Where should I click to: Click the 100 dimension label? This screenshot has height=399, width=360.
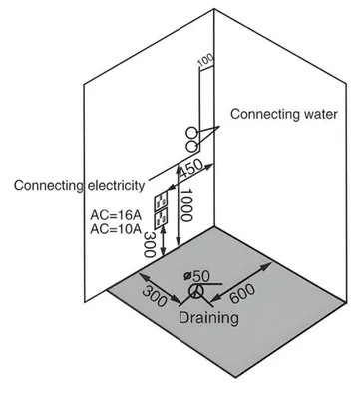(205, 60)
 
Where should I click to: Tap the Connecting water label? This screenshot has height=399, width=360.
(284, 114)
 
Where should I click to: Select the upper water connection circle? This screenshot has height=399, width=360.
(191, 133)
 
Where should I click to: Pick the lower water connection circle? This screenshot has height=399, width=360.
(191, 147)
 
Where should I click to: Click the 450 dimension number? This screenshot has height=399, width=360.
(190, 168)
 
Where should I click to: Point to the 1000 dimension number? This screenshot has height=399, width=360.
(186, 205)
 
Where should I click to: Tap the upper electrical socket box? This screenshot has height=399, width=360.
(161, 201)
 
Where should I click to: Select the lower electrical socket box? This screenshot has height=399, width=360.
(161, 217)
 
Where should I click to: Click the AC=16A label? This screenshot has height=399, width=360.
(116, 215)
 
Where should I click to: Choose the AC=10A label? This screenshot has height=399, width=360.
(116, 229)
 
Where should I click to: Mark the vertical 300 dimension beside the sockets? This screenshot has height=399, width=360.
(150, 245)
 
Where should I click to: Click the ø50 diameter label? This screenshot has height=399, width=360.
(196, 276)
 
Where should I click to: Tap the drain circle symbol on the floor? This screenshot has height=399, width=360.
(195, 291)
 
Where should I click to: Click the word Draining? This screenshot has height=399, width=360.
(208, 318)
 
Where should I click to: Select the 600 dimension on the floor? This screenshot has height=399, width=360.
(242, 294)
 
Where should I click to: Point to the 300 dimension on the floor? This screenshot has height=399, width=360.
(155, 296)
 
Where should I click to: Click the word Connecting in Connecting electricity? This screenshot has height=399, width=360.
(49, 186)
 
